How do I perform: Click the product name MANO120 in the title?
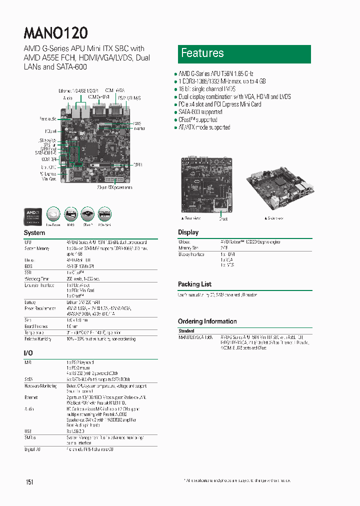click(56, 32)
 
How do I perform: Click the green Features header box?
click(244, 54)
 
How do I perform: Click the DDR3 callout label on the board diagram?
click(137, 164)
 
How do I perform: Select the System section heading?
click(34, 233)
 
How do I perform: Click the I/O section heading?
click(28, 353)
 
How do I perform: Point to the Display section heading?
click(188, 232)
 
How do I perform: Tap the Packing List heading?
click(195, 284)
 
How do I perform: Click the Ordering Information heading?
click(207, 321)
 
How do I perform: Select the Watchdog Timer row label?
click(37, 279)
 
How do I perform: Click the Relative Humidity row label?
click(38, 338)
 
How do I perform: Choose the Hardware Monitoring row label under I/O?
click(41, 386)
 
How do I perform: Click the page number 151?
click(29, 481)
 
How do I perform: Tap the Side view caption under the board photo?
click(275, 218)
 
